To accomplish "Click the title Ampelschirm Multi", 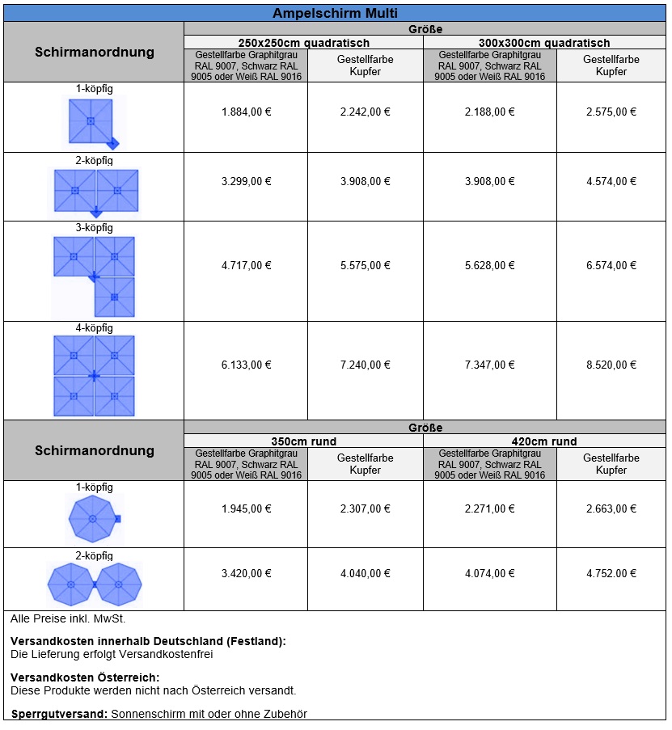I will tap(335, 13).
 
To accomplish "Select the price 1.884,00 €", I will tap(246, 112).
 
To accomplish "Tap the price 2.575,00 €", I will tap(611, 112).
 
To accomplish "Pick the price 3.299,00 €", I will tap(246, 182).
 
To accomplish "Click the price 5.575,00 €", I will tap(365, 266).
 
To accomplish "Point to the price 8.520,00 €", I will tap(611, 365).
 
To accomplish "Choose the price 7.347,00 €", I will tap(489, 365).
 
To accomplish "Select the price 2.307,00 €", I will tap(365, 509).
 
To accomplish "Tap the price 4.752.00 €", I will tap(611, 574).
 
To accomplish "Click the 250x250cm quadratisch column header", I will tap(303, 43).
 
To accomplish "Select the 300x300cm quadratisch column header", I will tap(545, 43).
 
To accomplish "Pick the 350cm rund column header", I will tap(303, 441).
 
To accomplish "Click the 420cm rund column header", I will tap(545, 441).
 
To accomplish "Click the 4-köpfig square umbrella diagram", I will tap(95, 376).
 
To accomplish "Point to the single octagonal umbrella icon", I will tap(93, 519).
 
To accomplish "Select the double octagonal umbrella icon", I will tap(95, 583).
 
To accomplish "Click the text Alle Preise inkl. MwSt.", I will tap(68, 618).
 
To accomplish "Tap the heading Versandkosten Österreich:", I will tap(85, 677).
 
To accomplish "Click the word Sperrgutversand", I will tap(59, 714).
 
